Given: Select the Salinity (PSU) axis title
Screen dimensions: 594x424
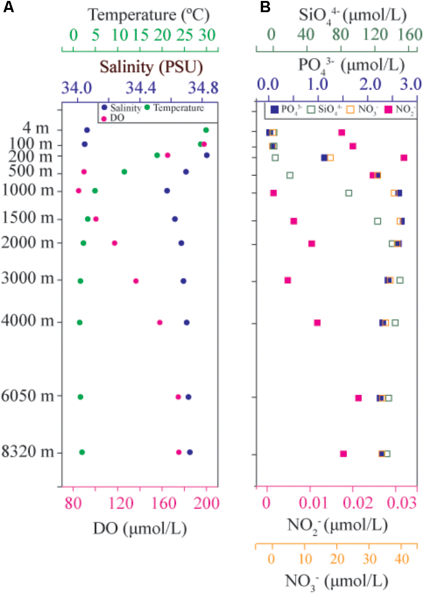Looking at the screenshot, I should point(151,68).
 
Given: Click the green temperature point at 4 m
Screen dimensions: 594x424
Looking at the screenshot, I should point(206,130).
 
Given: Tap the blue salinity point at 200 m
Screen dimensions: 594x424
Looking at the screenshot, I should point(207,155).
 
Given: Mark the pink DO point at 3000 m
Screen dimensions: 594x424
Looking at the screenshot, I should point(136,281).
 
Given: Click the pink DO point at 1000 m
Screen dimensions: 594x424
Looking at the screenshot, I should point(79,191).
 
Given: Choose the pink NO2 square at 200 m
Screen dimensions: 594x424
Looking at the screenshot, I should point(404,158).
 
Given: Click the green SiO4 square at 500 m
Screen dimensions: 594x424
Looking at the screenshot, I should point(290,175).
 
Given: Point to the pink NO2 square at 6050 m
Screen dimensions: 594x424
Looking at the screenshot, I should point(358,398).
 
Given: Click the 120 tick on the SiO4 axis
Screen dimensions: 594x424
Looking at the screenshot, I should point(375,35).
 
